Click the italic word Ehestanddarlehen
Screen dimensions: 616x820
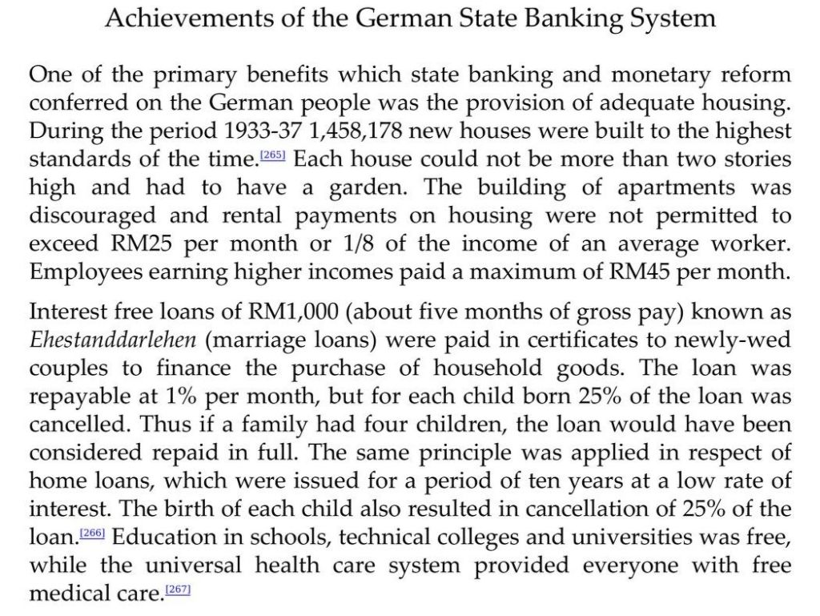[x=113, y=340]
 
